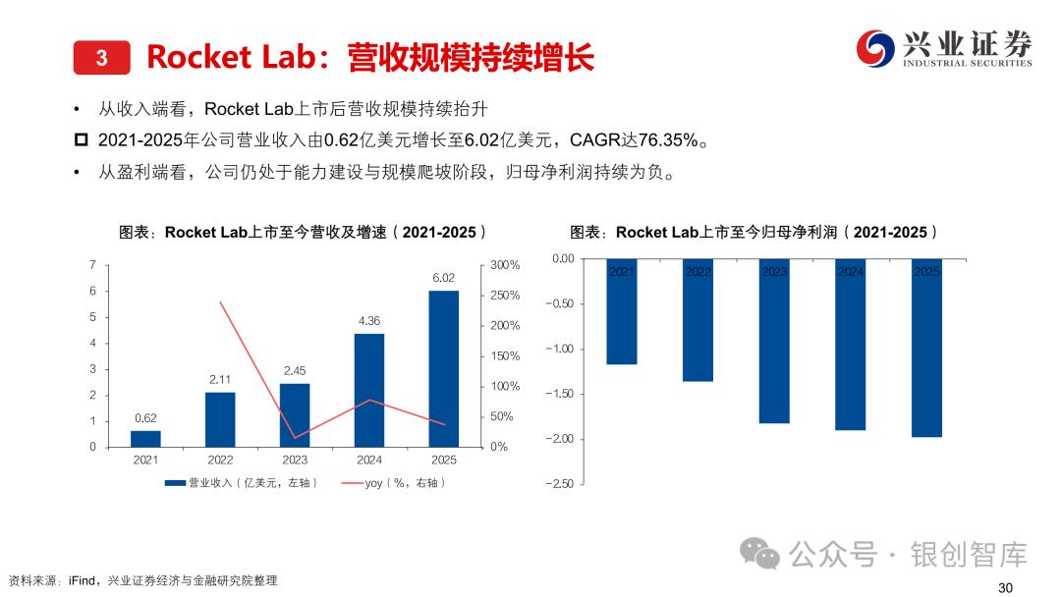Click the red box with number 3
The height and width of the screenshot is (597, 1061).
click(x=102, y=57)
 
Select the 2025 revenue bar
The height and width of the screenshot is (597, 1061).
click(x=444, y=368)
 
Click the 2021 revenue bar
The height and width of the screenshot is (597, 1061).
click(x=145, y=438)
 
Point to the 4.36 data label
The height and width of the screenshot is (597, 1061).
click(x=369, y=320)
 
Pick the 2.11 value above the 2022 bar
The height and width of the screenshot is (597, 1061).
click(x=220, y=379)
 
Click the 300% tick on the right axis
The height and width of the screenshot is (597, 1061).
click(x=505, y=265)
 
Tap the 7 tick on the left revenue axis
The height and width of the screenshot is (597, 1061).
click(x=92, y=265)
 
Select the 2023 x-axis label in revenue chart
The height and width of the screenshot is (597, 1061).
click(x=295, y=460)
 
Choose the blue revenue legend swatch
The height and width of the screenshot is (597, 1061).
click(x=175, y=483)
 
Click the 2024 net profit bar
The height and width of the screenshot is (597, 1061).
click(x=851, y=344)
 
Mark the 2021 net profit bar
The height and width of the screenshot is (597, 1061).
click(x=622, y=311)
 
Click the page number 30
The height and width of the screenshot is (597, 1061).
click(x=1004, y=587)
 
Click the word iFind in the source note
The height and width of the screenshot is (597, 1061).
click(x=82, y=580)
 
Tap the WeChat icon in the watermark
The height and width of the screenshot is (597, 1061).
click(x=761, y=554)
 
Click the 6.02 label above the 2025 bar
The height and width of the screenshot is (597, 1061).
click(x=444, y=278)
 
